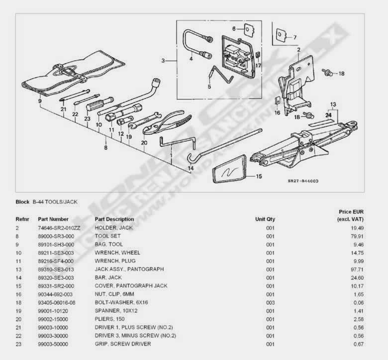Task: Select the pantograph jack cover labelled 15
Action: [x=229, y=169]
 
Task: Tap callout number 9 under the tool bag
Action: [x=40, y=101]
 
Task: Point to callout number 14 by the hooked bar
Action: [x=191, y=168]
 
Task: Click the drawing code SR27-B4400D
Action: [x=303, y=181]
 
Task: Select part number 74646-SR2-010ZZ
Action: [x=59, y=228]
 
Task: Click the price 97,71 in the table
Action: [x=357, y=269]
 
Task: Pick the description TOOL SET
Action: [x=107, y=236]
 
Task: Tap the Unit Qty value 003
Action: [x=271, y=303]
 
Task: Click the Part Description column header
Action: [x=114, y=219]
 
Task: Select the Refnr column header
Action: [x=22, y=219]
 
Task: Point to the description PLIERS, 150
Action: [x=109, y=319]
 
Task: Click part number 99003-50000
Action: [x=53, y=344]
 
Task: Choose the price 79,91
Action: [x=357, y=237]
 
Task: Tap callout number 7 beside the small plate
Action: [x=294, y=37]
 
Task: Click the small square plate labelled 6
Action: [x=248, y=29]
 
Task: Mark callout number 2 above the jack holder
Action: [x=298, y=50]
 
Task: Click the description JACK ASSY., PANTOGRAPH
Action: [x=129, y=269]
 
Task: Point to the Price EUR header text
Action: [x=351, y=212]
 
